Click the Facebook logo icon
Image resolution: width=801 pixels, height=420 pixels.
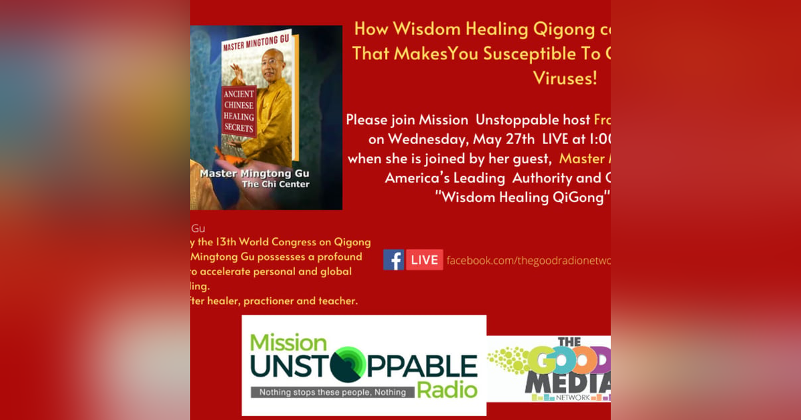[393, 260]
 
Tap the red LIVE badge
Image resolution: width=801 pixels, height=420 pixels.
[425, 260]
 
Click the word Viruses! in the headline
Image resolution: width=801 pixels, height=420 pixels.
[565, 78]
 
